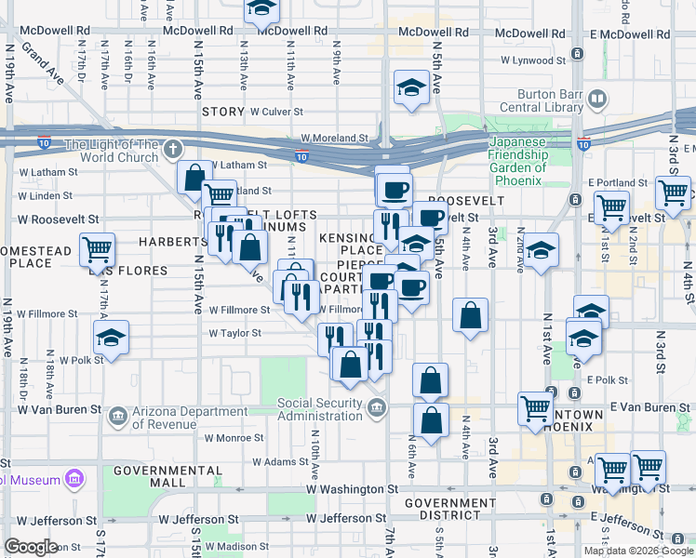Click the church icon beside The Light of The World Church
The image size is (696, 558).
[172, 149]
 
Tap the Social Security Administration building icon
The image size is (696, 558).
[377, 405]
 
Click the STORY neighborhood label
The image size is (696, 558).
[223, 112]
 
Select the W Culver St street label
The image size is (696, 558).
[285, 112]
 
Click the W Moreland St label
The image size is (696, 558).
[334, 138]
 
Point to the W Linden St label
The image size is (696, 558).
[46, 196]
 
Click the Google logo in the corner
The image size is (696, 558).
[32, 546]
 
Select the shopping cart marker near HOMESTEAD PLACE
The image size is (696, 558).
[97, 248]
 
